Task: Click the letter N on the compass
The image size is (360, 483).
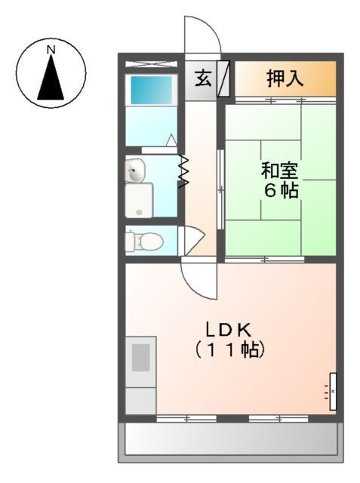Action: click(51, 50)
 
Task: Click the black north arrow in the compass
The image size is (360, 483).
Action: click(51, 78)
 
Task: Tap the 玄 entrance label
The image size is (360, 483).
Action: click(203, 78)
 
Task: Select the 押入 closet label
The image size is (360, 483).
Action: click(285, 78)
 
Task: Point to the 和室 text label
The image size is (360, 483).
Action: click(280, 169)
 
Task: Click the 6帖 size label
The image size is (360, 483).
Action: click(280, 190)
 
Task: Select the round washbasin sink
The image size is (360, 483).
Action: click(136, 171)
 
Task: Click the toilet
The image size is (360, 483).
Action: click(146, 241)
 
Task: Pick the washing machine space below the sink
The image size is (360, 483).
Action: click(139, 202)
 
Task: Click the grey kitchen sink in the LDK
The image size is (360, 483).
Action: click(141, 357)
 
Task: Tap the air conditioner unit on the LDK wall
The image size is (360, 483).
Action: click(332, 391)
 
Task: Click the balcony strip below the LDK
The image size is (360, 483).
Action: click(230, 438)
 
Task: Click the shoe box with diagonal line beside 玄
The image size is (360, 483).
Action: click(224, 78)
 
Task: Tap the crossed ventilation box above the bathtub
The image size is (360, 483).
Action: click(152, 64)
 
